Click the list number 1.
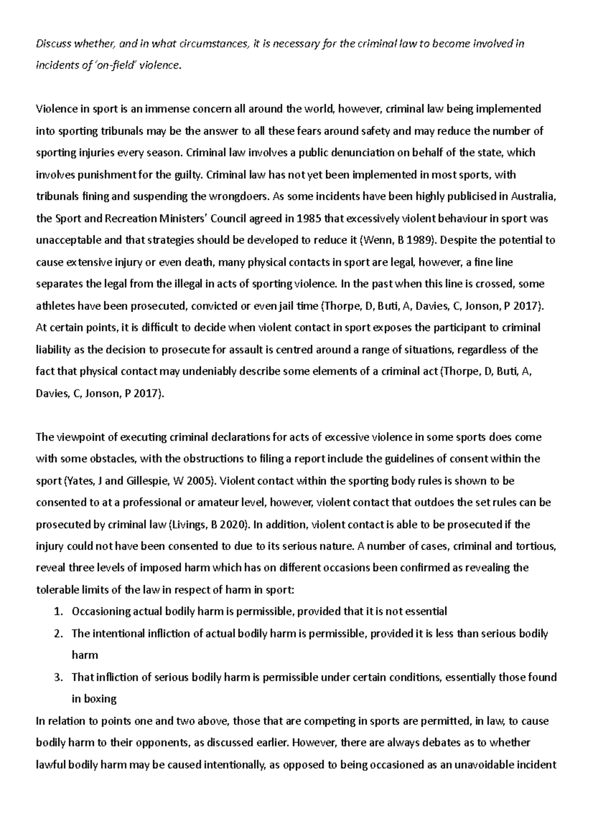pos(57,611)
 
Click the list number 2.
pos(57,633)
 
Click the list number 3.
pos(57,677)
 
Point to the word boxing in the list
pos(100,699)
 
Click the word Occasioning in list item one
pos(101,611)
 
